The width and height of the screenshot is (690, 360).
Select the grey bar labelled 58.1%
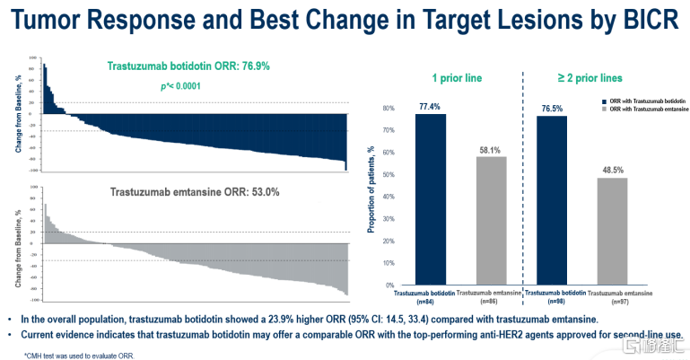click(493, 220)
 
